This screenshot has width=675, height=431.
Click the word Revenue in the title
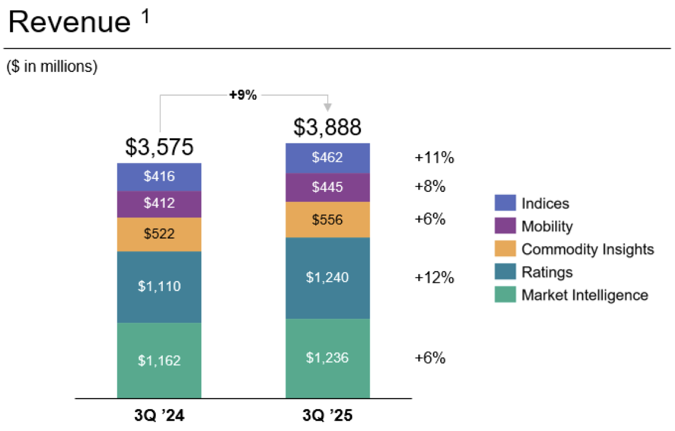click(69, 22)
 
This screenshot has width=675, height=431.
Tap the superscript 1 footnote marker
click(145, 17)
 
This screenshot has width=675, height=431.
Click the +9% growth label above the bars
click(243, 95)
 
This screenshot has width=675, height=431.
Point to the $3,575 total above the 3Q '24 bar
click(159, 147)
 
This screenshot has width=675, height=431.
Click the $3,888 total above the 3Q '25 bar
click(327, 127)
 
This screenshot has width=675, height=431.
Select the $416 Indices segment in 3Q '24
click(159, 177)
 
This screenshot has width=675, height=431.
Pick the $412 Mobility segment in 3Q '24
click(159, 204)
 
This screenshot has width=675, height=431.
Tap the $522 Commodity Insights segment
click(159, 234)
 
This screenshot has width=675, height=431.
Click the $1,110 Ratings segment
click(159, 286)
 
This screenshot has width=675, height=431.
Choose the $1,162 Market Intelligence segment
click(159, 360)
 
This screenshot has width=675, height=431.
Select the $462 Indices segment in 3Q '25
click(327, 158)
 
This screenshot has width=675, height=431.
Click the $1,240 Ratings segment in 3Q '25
click(327, 277)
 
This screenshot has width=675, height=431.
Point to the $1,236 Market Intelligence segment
click(327, 358)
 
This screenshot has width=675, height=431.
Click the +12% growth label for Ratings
click(434, 277)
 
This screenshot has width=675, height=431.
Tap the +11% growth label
click(434, 158)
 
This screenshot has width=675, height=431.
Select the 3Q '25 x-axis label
click(327, 416)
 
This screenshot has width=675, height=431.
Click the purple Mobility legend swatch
click(505, 226)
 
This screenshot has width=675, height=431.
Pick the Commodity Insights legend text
click(587, 249)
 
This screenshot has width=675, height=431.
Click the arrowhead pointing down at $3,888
click(327, 108)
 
